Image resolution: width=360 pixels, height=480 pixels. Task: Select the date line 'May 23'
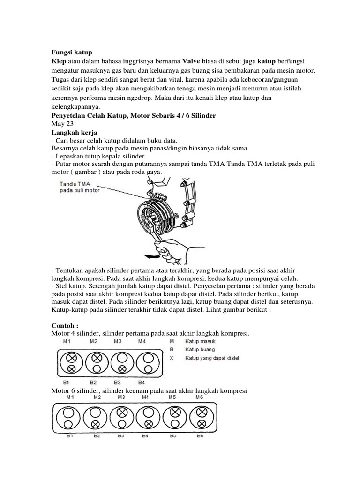(x=60, y=124)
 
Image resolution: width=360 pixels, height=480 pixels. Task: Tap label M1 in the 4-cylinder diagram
(x=67, y=342)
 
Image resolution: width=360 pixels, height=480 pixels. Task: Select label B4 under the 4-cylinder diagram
(x=142, y=382)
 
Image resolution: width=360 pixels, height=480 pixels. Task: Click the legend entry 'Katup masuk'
(x=200, y=342)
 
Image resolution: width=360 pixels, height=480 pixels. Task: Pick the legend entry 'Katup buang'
(x=200, y=350)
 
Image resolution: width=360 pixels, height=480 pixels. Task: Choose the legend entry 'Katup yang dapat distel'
(x=212, y=358)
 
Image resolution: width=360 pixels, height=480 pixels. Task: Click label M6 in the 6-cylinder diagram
(x=200, y=397)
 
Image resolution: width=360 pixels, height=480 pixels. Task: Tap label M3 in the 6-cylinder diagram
(x=121, y=397)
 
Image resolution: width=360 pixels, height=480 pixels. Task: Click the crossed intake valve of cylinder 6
(x=202, y=412)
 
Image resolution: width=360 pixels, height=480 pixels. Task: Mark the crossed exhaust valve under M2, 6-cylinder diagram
(x=97, y=424)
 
